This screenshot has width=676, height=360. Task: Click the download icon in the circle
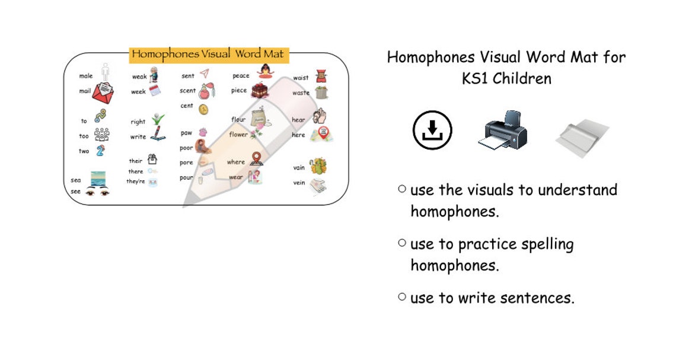[x=432, y=130]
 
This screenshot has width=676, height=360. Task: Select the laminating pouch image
[x=582, y=136]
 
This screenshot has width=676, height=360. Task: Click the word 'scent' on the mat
[x=188, y=91]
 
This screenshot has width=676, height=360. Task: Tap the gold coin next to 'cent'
[x=203, y=109]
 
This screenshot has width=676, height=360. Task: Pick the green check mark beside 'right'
[x=157, y=119]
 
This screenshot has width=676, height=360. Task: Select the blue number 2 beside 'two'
[x=101, y=150]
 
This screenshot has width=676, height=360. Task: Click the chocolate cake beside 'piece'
[x=259, y=91]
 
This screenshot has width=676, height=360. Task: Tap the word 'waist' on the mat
[x=301, y=78]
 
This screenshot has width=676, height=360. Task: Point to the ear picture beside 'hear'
[x=320, y=116]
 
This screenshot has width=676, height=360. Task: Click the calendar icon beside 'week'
[x=155, y=91]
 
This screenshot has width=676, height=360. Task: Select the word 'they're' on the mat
[x=135, y=181]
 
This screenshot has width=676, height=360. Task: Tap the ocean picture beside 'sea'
[x=98, y=177]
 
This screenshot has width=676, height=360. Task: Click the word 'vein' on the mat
[x=299, y=183]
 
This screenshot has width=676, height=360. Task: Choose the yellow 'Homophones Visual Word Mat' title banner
[x=209, y=55]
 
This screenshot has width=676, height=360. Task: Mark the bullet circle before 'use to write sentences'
[x=403, y=297]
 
